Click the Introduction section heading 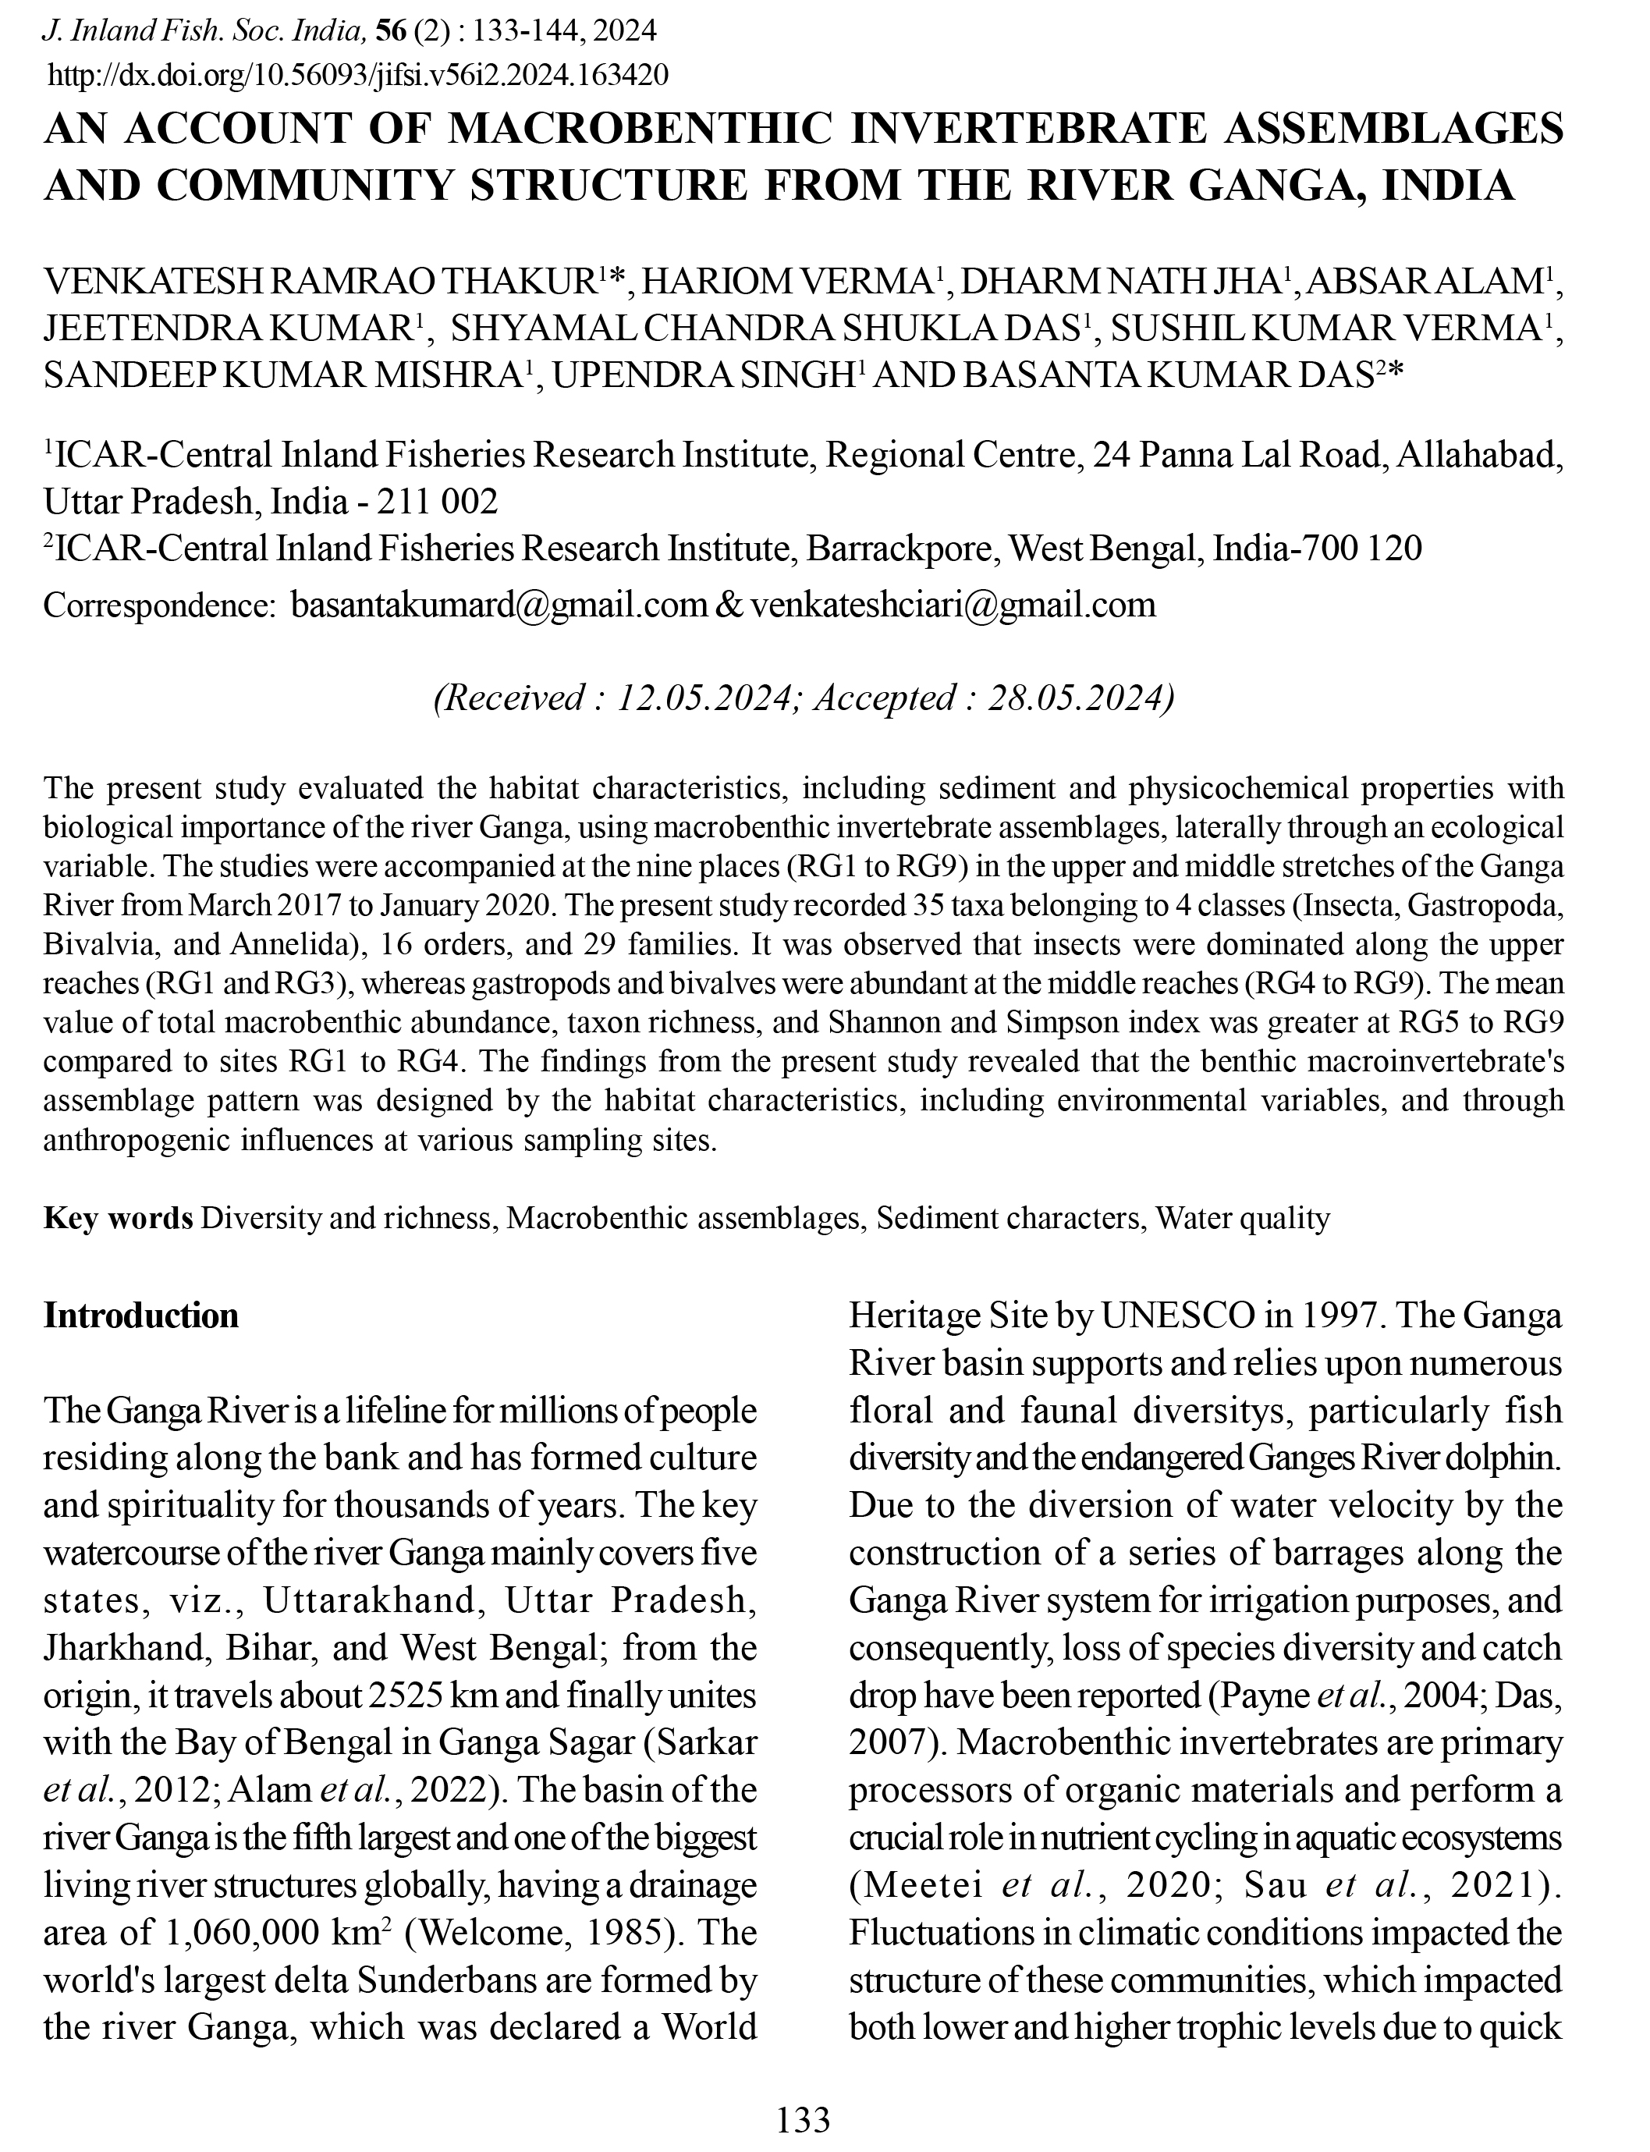point(140,1316)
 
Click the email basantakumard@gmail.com point(499,604)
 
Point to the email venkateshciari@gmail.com point(952,604)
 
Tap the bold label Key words point(118,1218)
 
